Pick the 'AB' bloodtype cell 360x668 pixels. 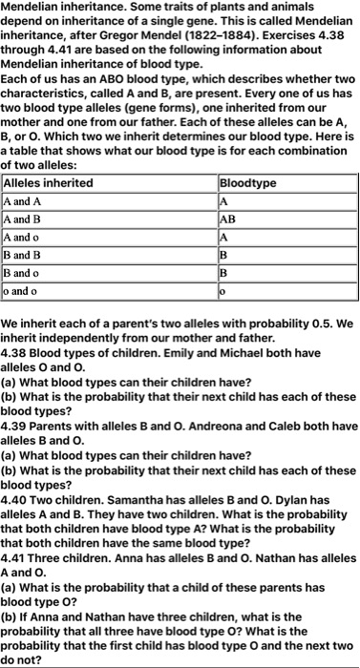pos(229,219)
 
